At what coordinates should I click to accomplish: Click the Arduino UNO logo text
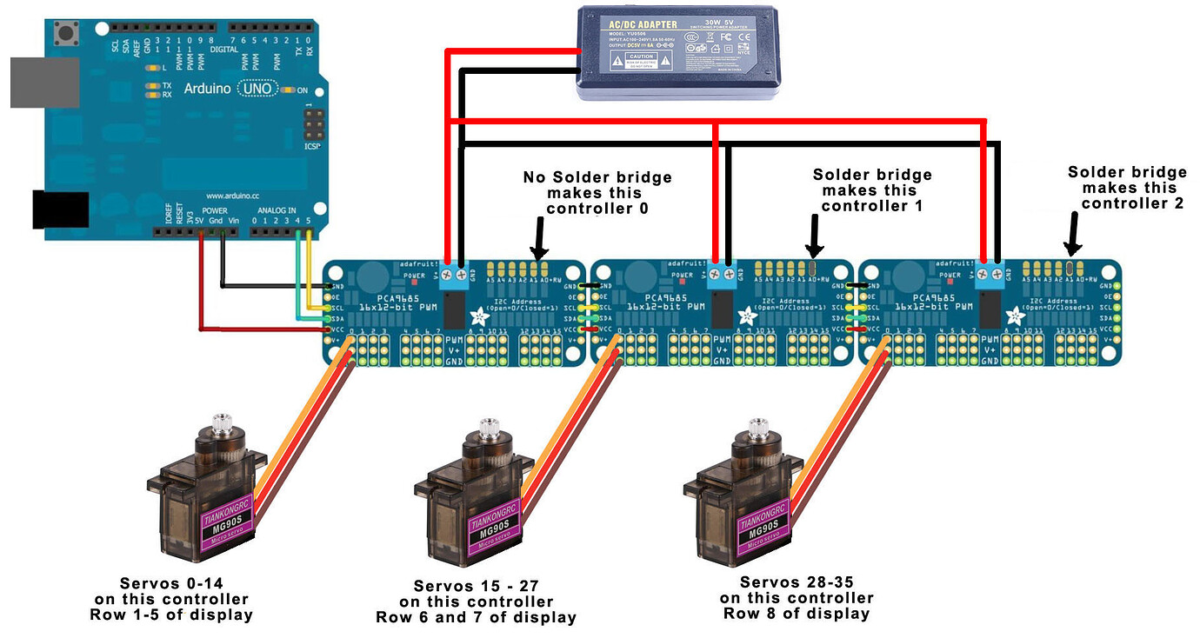click(230, 89)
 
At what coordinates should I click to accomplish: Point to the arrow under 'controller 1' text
click(815, 234)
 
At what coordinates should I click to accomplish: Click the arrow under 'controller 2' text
click(1073, 232)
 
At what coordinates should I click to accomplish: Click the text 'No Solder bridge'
click(597, 178)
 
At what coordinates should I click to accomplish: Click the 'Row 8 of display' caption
click(796, 614)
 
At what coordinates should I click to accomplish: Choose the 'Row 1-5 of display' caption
click(171, 615)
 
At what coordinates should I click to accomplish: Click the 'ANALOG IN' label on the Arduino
click(277, 210)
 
